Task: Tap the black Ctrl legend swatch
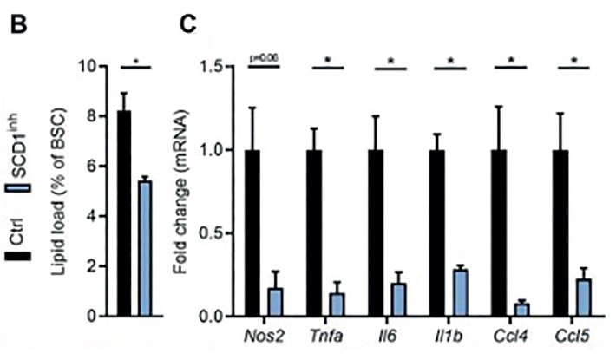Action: tap(16, 257)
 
